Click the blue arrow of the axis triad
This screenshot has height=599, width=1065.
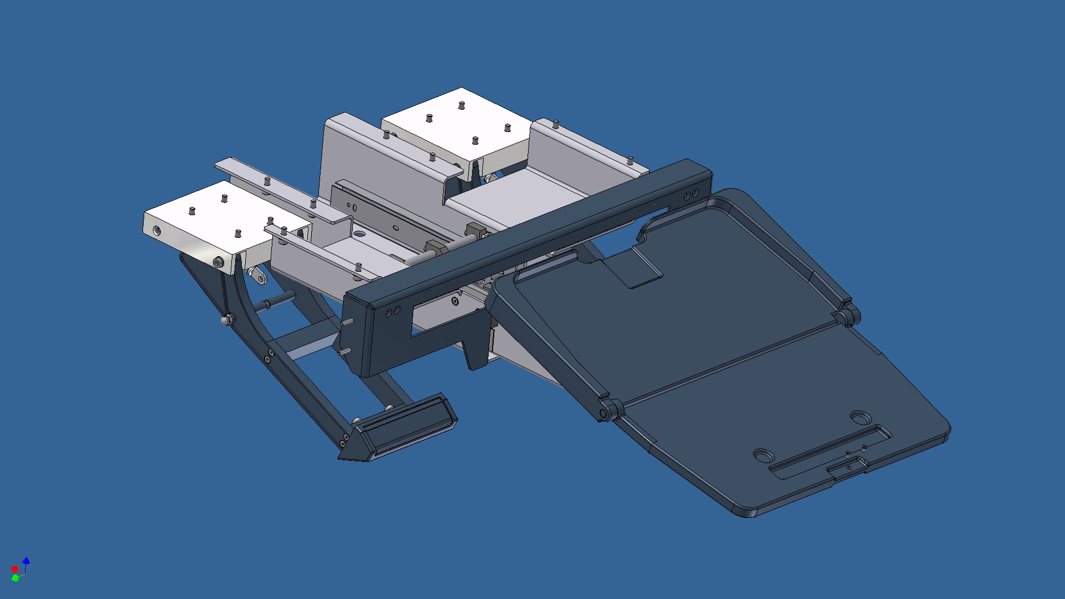(x=26, y=561)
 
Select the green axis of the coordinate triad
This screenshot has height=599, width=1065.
(x=16, y=578)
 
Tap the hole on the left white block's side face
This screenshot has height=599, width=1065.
(x=157, y=230)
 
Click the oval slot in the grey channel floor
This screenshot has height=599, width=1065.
(x=359, y=234)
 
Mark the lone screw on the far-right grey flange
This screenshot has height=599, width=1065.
(x=630, y=161)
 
